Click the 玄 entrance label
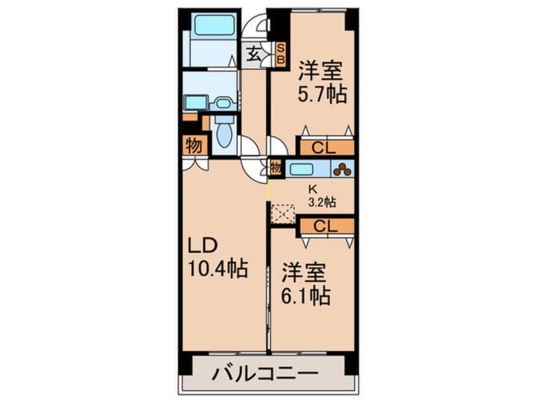click(253, 53)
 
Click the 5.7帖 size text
click(322, 95)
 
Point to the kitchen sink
click(301, 169)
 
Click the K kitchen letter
click(312, 189)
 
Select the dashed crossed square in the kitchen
click(282, 214)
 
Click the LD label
click(202, 247)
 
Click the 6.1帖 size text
click(307, 296)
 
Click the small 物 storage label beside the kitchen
click(275, 169)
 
